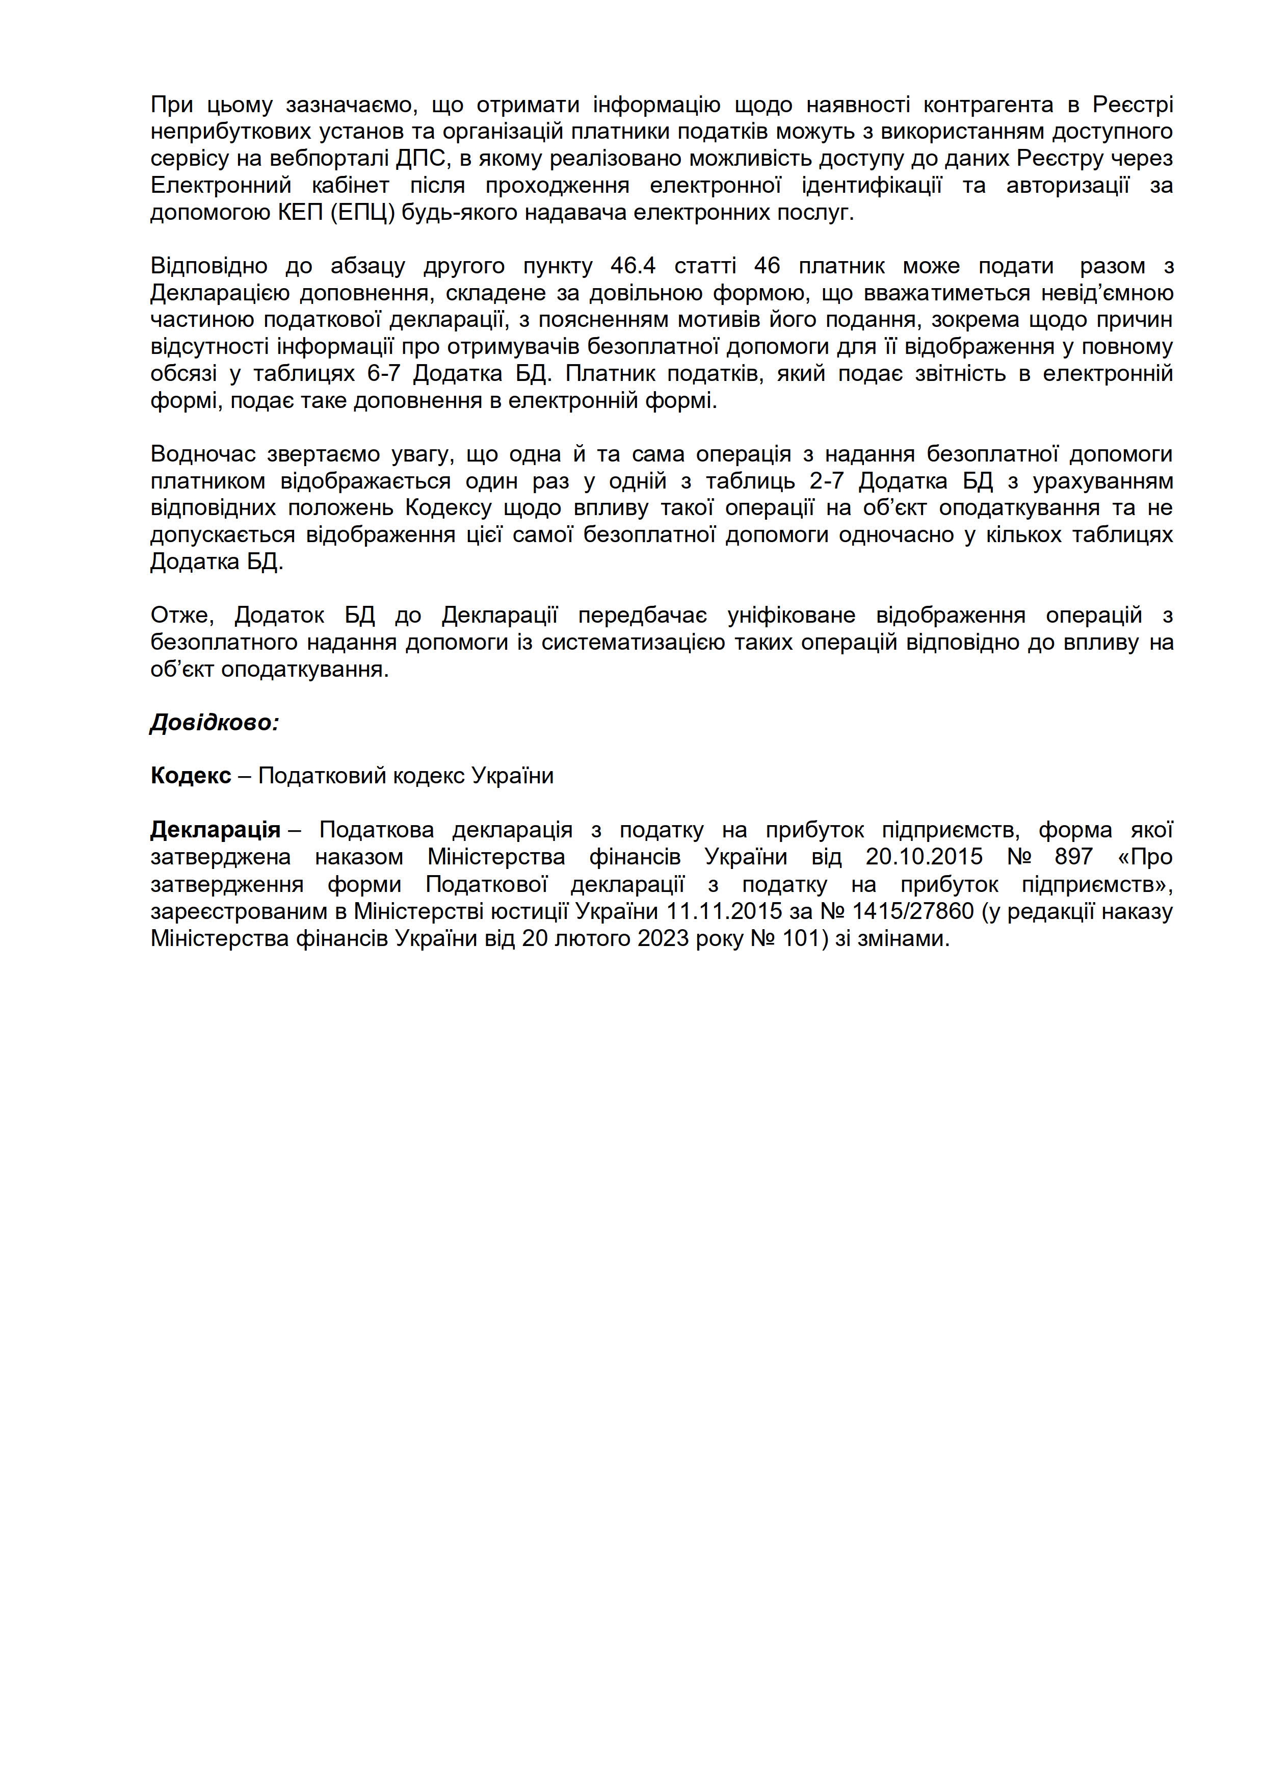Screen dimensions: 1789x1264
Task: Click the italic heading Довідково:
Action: pos(214,722)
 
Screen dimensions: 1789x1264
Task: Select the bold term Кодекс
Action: pos(191,776)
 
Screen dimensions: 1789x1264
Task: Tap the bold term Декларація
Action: pos(215,830)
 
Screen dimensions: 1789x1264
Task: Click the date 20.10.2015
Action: pos(925,857)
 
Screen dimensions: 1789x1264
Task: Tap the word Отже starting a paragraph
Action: pos(181,616)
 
